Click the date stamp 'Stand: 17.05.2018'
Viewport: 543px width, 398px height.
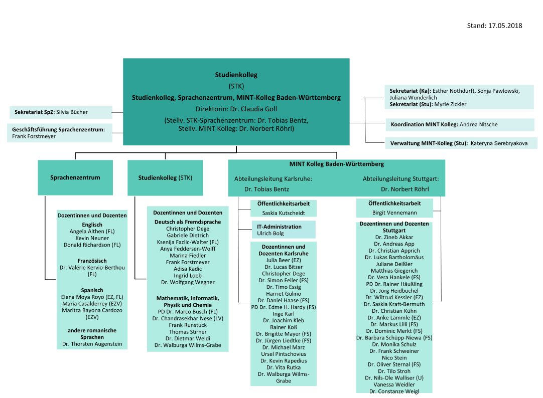(494, 26)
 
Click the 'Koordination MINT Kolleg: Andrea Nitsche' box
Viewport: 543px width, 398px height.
(444, 124)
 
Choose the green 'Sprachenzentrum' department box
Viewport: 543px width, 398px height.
(75, 177)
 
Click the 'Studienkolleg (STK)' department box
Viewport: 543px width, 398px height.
(165, 177)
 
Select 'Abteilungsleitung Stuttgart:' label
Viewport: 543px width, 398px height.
(401, 178)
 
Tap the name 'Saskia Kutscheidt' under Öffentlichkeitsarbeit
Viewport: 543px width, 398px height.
(283, 213)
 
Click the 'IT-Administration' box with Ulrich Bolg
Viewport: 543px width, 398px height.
(283, 230)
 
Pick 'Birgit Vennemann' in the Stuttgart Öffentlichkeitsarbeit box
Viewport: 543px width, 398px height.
(394, 213)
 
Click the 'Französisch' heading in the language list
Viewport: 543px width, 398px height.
(92, 261)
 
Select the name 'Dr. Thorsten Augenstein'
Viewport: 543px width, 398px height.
(92, 344)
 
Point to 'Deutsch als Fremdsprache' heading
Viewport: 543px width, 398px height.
(187, 222)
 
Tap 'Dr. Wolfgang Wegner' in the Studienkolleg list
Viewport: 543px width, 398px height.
(187, 282)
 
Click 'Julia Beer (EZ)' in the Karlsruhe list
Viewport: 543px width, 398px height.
(283, 260)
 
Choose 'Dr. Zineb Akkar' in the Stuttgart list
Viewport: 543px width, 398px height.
(394, 237)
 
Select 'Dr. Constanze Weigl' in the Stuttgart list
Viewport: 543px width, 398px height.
(394, 391)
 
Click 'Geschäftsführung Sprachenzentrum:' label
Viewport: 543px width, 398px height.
(59, 129)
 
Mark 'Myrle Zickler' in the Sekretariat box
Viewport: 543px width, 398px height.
(450, 104)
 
